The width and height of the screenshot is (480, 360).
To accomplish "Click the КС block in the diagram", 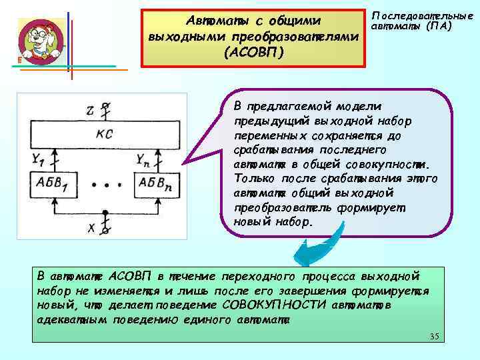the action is [105, 134].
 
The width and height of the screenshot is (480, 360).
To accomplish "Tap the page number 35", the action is [434, 335].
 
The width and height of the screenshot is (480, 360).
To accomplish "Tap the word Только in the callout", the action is [253, 178].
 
